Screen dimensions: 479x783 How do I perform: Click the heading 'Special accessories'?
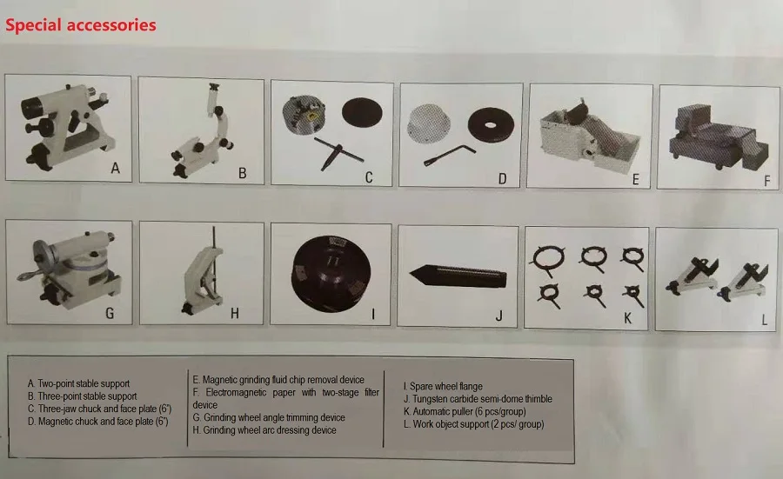coord(81,24)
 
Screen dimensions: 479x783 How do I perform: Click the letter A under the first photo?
coord(115,170)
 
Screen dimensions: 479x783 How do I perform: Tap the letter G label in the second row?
coord(110,313)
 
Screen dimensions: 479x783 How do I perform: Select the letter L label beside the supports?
coord(764,320)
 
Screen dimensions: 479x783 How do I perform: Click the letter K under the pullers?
coord(627,317)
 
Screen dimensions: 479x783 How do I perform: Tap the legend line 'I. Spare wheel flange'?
coord(443,386)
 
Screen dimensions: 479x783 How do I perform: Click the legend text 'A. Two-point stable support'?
coord(78,383)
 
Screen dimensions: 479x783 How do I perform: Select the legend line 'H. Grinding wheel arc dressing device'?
coord(264,429)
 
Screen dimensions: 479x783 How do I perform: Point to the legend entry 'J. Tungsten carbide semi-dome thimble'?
coord(478,399)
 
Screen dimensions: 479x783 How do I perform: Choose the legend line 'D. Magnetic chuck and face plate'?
coord(97,421)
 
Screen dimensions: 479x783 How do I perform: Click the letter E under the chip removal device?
coord(635,180)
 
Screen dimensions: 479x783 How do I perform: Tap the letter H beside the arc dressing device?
coord(234,314)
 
